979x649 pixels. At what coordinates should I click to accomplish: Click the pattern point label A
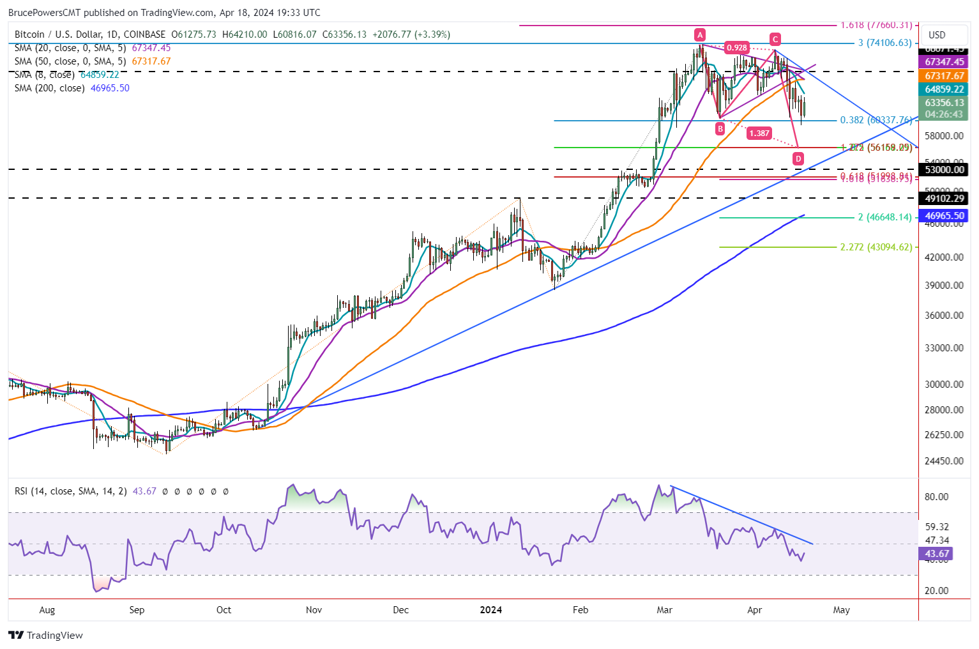pos(700,34)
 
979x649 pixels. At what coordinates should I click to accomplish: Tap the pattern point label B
pos(720,128)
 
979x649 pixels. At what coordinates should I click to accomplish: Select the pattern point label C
pos(775,38)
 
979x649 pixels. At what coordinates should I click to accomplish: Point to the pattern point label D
pos(798,158)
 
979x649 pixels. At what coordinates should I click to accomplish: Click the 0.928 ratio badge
pos(736,48)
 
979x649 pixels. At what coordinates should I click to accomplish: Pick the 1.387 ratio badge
pos(759,134)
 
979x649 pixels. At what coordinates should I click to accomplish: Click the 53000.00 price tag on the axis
pos(945,170)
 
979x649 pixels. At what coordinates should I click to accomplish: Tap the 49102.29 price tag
pos(945,199)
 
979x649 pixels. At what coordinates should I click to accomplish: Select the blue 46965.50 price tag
pos(945,217)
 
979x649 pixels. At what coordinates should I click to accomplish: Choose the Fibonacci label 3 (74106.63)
pos(884,43)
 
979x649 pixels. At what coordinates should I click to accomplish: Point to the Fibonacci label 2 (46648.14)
pos(884,217)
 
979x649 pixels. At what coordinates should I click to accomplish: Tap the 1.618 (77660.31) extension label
pos(876,26)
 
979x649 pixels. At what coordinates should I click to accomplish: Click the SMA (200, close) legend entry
pos(72,88)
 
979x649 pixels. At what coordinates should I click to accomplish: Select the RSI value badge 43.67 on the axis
pos(937,554)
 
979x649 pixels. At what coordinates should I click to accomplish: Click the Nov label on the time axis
pos(314,610)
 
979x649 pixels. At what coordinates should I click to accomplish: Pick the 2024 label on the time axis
pos(491,610)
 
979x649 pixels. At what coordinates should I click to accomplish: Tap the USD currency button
pos(937,35)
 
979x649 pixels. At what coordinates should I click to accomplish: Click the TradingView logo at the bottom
pos(46,636)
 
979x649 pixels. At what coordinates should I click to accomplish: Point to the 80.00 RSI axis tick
pos(937,497)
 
